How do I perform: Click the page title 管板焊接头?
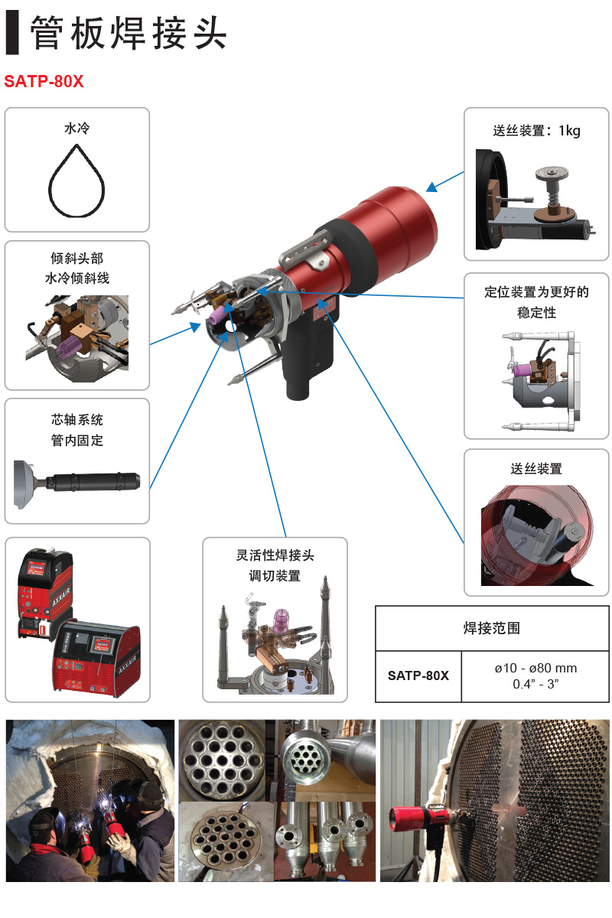coord(129,33)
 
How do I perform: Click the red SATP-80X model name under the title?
coord(44,82)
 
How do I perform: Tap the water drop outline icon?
coord(76,181)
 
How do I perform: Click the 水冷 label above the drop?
coord(76,129)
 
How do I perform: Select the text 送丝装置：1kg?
coord(536,131)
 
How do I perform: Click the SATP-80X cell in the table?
coord(418,675)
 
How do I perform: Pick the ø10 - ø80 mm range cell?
coord(535,668)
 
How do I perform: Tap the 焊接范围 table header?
coord(491,628)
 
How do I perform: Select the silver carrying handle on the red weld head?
coord(305,250)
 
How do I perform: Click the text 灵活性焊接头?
coord(275,555)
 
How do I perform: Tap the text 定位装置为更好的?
coord(536,292)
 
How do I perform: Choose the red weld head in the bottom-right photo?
coord(426,819)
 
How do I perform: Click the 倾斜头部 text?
coord(76,259)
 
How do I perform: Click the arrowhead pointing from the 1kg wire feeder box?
coord(431,187)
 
